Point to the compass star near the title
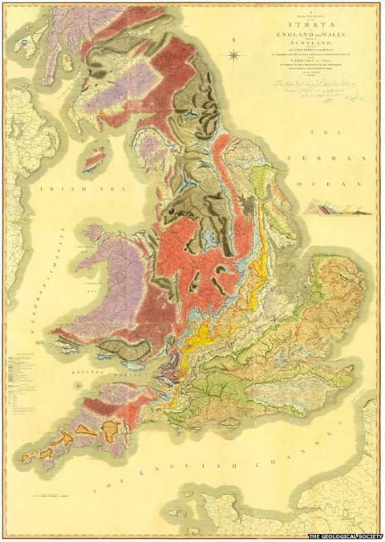(x=233, y=55)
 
